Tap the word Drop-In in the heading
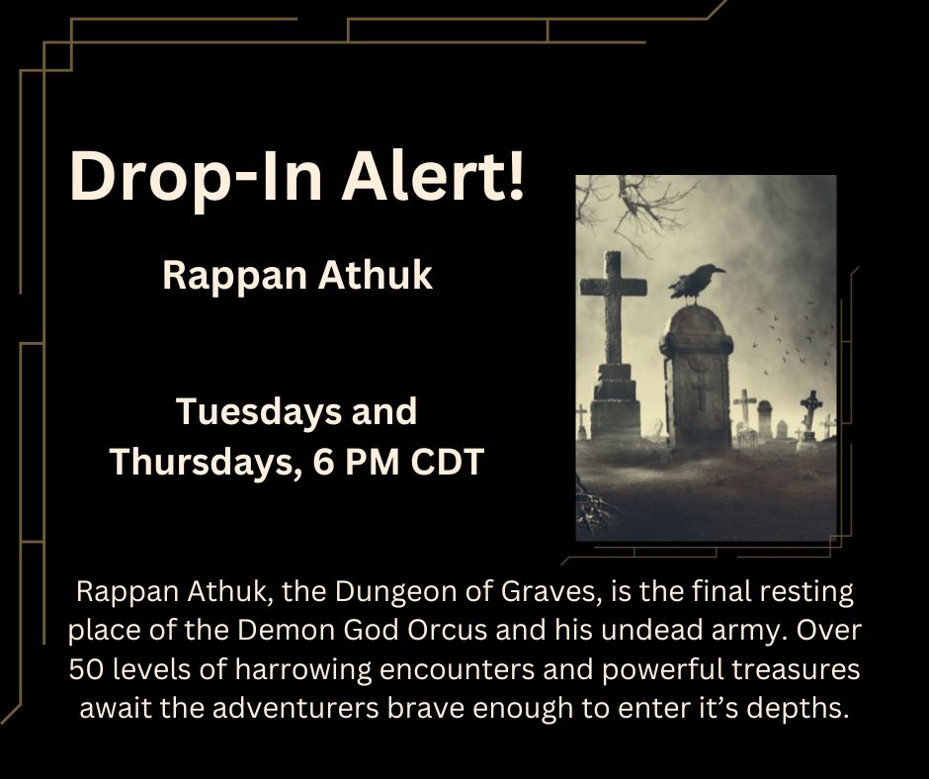pos(195,180)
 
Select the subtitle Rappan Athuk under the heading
pos(297,276)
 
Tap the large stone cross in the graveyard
pos(614,326)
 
